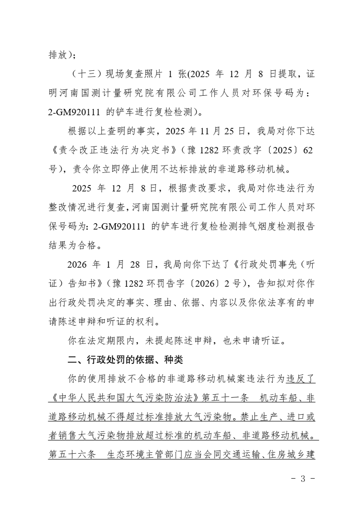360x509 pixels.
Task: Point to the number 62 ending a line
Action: [307, 151]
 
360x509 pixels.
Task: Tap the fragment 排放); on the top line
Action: [62, 55]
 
